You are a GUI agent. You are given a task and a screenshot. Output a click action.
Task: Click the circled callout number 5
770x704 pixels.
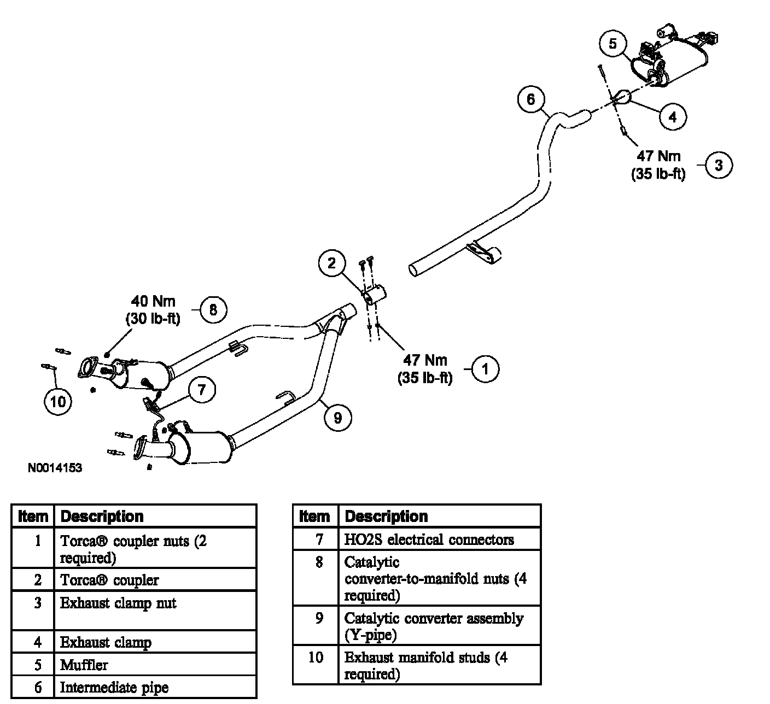612,43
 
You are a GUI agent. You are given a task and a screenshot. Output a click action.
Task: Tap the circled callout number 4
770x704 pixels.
672,116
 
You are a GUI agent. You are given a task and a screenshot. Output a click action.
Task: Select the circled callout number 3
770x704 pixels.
719,165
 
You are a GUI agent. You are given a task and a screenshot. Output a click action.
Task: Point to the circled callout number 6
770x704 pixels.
530,99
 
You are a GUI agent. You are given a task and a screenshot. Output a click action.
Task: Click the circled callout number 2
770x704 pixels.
332,263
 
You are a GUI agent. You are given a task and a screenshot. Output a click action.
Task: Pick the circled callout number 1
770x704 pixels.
485,369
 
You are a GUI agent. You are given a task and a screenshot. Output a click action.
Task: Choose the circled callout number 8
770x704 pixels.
213,310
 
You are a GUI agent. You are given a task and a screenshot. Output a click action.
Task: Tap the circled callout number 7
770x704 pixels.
202,390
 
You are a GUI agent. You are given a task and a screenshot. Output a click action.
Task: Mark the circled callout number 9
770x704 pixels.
337,418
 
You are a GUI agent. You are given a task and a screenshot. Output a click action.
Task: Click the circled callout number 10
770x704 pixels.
57,402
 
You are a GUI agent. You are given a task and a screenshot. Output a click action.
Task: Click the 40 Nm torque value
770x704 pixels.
153,301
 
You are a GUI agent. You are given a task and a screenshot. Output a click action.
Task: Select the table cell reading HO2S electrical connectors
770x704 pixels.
429,540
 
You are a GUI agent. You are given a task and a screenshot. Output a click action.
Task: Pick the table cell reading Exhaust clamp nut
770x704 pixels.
118,603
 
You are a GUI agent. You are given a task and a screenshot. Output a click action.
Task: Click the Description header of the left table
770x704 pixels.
102,517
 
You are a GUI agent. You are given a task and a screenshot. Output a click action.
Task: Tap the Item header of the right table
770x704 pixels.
315,517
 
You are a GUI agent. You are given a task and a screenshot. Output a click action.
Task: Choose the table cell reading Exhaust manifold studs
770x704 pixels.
425,665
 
